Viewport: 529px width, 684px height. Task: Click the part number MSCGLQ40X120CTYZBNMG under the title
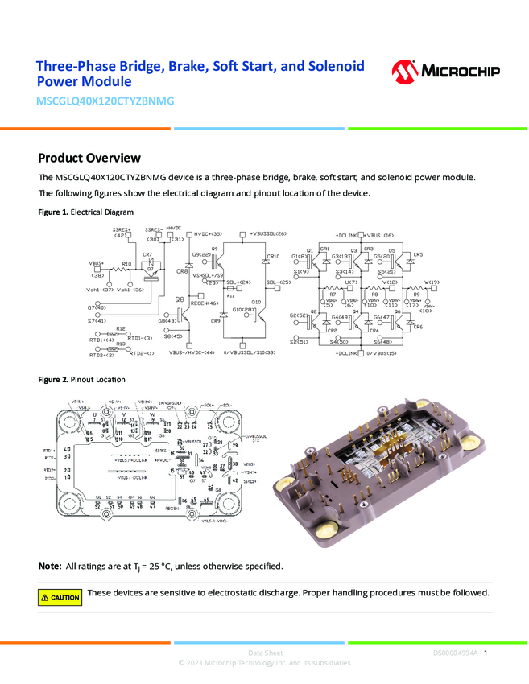tap(105, 101)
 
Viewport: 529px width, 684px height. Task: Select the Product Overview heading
tap(89, 158)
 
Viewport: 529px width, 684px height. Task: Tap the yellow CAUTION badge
tap(60, 597)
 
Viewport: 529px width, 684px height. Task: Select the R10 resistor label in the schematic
tap(126, 264)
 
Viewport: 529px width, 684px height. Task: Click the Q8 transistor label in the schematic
tap(181, 299)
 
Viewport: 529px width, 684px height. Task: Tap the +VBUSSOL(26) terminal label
tap(268, 233)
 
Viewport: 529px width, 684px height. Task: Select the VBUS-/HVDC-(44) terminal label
tap(192, 352)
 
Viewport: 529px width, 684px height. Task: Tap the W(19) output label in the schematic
tap(432, 282)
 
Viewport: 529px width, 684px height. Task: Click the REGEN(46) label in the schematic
tap(205, 303)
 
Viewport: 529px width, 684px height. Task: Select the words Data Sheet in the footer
tap(264, 653)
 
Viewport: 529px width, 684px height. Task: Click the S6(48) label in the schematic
tap(382, 343)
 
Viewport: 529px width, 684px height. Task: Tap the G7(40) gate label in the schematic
tap(97, 307)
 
